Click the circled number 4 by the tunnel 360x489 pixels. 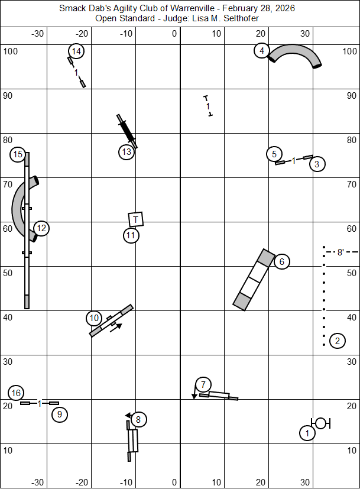coord(262,51)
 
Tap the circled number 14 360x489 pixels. coord(76,51)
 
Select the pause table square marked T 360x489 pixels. coord(136,219)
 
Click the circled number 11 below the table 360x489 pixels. coord(131,235)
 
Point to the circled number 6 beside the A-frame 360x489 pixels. coord(282,262)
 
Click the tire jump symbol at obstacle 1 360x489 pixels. coord(320,423)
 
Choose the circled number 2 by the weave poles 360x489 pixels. coord(338,341)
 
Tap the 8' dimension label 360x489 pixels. coord(340,252)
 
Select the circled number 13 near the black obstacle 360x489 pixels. coord(127,152)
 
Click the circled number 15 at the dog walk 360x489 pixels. coord(18,154)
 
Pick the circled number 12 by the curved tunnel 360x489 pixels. coord(41,228)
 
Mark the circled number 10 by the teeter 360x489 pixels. coord(94,318)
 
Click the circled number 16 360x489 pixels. coord(16,393)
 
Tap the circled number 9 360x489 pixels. coord(60,414)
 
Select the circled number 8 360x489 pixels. coord(138,419)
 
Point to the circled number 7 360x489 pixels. coord(203,384)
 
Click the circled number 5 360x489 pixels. coord(274,154)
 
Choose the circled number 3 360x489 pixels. coord(317,164)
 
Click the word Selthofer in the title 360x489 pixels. coord(241,18)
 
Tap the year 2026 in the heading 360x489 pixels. coord(285,8)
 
